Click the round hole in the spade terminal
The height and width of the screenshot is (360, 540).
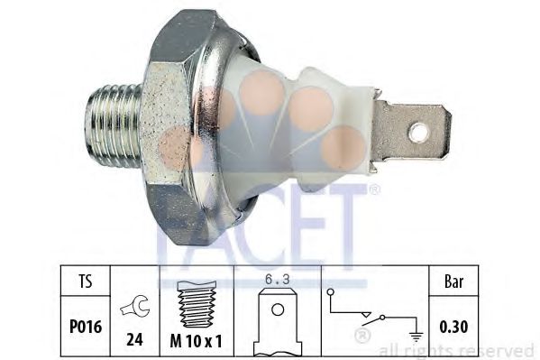[417, 134]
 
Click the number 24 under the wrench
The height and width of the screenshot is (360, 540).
[134, 341]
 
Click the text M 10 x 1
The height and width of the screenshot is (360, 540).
[197, 341]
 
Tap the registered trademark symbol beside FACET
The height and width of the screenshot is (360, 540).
[375, 190]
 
